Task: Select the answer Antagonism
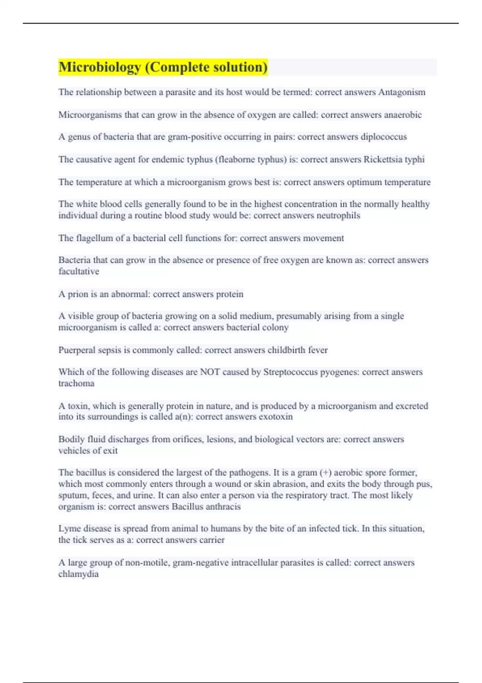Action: (x=402, y=92)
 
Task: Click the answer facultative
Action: (x=79, y=272)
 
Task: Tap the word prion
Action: (x=78, y=294)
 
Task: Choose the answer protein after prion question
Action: (x=230, y=294)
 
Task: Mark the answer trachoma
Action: (x=76, y=383)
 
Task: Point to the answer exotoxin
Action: (x=276, y=417)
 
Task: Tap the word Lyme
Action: (x=69, y=529)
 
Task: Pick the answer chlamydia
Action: (x=78, y=574)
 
